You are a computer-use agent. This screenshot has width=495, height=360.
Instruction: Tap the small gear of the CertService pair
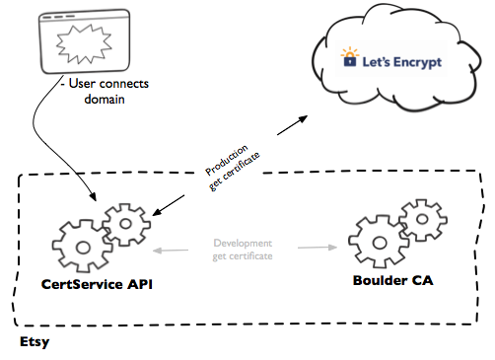[x=126, y=226]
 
